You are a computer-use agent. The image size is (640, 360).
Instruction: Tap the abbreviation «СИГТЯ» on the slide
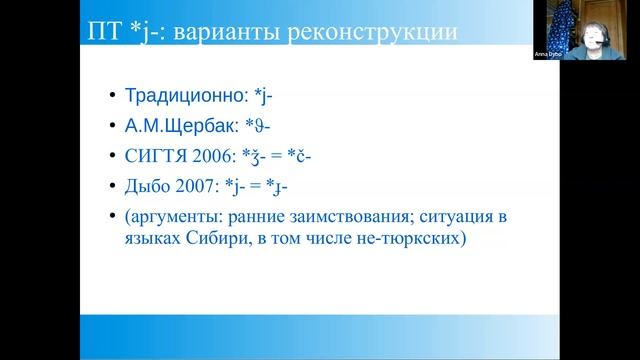click(x=153, y=156)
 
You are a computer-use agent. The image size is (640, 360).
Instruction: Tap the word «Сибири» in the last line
click(x=218, y=240)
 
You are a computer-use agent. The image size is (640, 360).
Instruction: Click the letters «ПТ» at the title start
click(x=101, y=33)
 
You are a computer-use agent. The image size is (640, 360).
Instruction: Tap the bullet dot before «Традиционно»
click(x=110, y=98)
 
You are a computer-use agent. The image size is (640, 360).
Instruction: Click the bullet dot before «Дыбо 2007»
click(x=110, y=186)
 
